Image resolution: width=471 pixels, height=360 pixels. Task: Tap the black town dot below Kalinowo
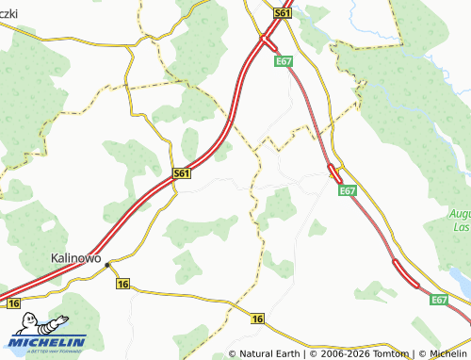108,266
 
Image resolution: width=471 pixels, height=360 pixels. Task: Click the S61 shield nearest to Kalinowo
183,174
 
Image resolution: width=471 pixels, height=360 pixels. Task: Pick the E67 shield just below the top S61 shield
283,61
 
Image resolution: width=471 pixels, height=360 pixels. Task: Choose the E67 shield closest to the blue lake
438,299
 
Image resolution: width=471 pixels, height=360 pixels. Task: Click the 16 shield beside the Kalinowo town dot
123,283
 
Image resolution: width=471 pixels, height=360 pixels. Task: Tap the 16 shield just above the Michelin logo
12,303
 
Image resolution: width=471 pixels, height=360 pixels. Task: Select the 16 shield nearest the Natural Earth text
258,319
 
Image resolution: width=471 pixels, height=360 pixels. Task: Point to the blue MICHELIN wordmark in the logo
55,342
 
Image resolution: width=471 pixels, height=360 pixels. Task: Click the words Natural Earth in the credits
271,353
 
